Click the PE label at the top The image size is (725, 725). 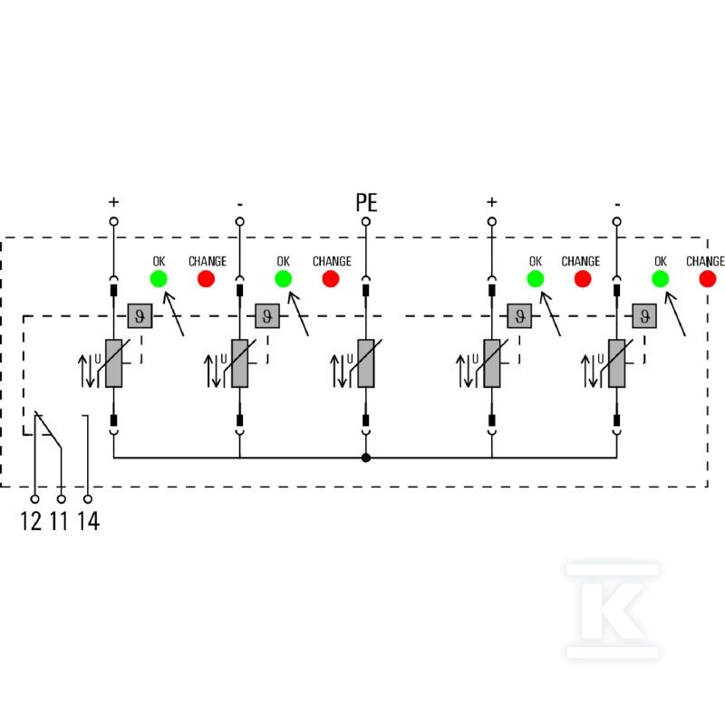tap(366, 202)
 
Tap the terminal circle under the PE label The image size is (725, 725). tap(366, 222)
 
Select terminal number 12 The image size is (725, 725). tap(31, 521)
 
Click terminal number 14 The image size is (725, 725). tap(88, 521)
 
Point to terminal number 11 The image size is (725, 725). tap(59, 521)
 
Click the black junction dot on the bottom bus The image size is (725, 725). tap(366, 458)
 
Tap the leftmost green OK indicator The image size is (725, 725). tap(159, 279)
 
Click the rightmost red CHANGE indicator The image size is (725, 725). tap(708, 279)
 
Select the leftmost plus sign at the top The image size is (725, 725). tap(114, 202)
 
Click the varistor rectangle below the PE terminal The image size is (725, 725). tap(366, 363)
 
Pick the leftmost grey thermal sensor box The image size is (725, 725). tap(140, 316)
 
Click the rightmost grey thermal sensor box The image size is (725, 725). tap(644, 316)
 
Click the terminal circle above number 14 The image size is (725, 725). tap(88, 499)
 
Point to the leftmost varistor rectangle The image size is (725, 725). tap(114, 363)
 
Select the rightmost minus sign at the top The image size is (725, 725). tap(617, 205)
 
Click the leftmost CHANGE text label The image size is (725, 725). tap(208, 261)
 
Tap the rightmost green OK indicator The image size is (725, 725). tap(661, 279)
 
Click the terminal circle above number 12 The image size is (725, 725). tap(34, 499)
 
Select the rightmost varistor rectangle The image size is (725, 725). tap(617, 363)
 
